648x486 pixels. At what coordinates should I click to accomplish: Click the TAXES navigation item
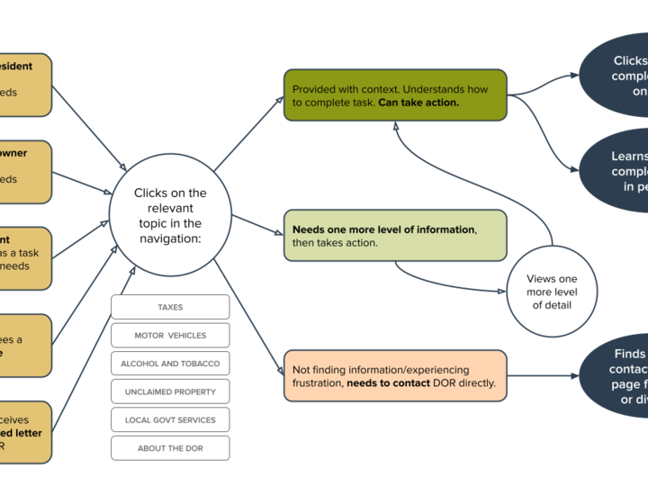click(170, 307)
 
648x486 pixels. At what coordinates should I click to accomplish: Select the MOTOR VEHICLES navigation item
click(170, 335)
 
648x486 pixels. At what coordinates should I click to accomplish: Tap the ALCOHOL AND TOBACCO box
click(170, 364)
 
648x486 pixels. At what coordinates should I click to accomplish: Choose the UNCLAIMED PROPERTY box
click(170, 391)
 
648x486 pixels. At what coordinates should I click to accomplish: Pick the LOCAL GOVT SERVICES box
click(170, 420)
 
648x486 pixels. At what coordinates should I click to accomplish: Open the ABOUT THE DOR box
click(170, 448)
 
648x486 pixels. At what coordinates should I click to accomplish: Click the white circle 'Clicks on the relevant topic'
click(170, 215)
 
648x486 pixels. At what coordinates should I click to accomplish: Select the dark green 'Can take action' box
click(395, 95)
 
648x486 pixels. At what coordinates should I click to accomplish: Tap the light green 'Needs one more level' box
click(395, 236)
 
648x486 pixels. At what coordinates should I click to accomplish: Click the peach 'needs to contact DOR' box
click(395, 375)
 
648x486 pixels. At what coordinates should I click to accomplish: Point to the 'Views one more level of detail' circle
click(552, 292)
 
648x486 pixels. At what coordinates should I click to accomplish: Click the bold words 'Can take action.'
click(418, 103)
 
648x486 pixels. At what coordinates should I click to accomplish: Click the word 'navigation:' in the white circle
click(170, 238)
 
